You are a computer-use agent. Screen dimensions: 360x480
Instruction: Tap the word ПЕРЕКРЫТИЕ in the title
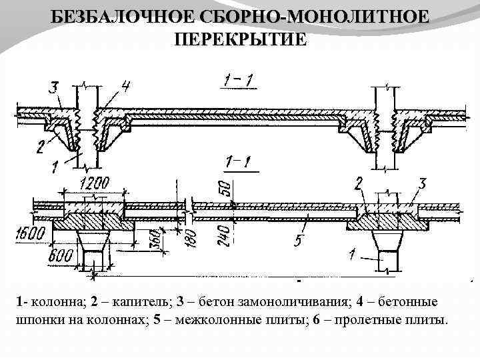click(241, 39)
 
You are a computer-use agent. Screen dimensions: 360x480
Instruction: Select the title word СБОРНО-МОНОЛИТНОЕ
click(313, 16)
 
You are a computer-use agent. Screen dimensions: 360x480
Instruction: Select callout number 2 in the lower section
click(359, 183)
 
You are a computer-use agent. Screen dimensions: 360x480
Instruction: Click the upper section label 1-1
click(238, 82)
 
